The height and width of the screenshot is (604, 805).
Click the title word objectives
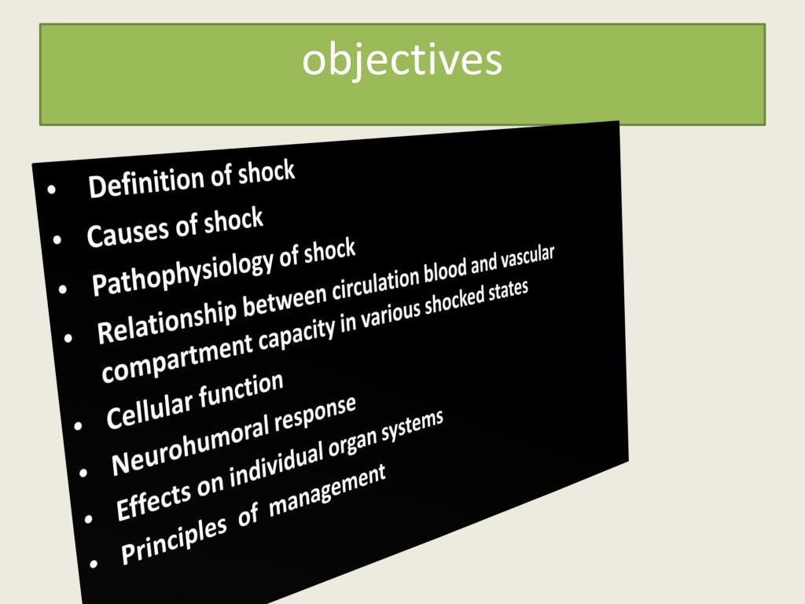[402, 61]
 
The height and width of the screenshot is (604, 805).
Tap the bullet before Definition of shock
[52, 190]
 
